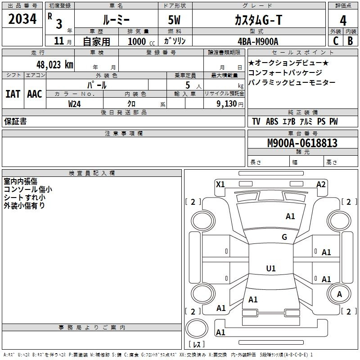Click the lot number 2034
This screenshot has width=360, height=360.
[22, 19]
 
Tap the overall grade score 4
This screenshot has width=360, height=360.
[343, 21]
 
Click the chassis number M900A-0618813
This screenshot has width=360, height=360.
[302, 143]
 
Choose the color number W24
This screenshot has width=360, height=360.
[75, 103]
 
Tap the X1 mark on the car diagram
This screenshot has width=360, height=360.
[220, 184]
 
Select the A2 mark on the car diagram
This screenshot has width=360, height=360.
[321, 184]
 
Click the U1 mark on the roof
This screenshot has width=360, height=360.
[271, 269]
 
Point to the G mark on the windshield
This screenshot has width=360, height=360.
[284, 237]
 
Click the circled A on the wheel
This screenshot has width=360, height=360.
[339, 294]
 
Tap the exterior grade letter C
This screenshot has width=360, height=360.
[336, 41]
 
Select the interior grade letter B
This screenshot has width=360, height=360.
[351, 41]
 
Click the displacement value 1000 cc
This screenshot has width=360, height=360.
[138, 41]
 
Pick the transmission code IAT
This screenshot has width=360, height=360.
[13, 94]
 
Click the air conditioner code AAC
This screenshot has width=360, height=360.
[35, 94]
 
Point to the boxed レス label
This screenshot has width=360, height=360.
[197, 345]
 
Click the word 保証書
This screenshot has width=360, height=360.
[15, 121]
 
